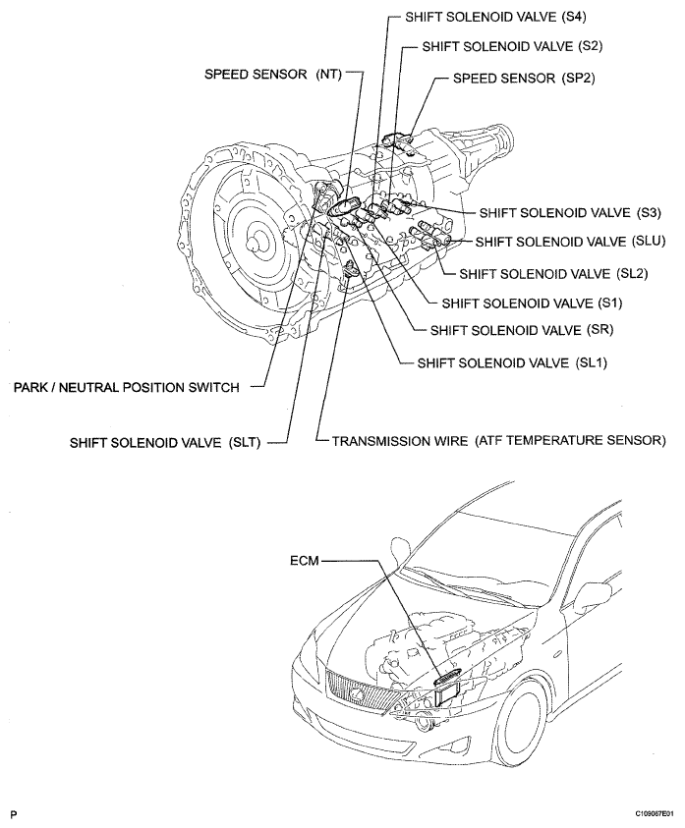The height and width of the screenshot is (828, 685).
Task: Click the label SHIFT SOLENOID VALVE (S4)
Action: pyautogui.click(x=495, y=17)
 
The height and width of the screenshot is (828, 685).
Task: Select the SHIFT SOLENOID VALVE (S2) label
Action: pyautogui.click(x=512, y=46)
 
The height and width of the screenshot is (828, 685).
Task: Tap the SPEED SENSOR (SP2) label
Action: pyautogui.click(x=524, y=79)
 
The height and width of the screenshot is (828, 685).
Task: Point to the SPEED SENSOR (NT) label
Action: pyautogui.click(x=273, y=75)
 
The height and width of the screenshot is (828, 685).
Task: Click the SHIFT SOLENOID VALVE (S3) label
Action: pyautogui.click(x=570, y=213)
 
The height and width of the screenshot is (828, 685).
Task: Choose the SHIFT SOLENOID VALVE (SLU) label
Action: pyautogui.click(x=570, y=242)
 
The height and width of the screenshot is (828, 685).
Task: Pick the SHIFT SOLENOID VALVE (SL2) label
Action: pyautogui.click(x=553, y=273)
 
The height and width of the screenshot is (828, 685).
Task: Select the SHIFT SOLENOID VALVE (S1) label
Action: pyautogui.click(x=533, y=304)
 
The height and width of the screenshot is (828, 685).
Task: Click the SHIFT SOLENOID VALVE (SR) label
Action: pyautogui.click(x=522, y=330)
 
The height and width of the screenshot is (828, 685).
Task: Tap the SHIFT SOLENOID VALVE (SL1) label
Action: pyautogui.click(x=512, y=362)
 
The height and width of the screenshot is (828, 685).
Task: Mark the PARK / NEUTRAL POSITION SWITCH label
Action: pyautogui.click(x=127, y=388)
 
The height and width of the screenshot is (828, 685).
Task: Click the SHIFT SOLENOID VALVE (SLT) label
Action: pyautogui.click(x=165, y=442)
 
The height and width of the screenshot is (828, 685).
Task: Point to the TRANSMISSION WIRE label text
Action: pyautogui.click(x=400, y=440)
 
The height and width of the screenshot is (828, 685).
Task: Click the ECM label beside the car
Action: pyautogui.click(x=305, y=560)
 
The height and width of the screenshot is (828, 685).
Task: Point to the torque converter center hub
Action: pyautogui.click(x=257, y=243)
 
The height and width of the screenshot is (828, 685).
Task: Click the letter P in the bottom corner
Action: pyautogui.click(x=15, y=815)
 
